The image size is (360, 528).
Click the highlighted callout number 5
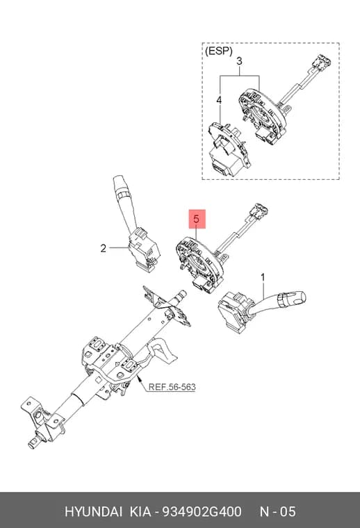197,220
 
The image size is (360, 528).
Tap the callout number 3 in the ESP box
239,62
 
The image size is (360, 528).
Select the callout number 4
219,100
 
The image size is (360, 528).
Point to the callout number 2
103,249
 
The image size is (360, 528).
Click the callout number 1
263,278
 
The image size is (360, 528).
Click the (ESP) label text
218,51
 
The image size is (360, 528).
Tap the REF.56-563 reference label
172,387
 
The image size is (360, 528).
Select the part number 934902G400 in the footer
202,512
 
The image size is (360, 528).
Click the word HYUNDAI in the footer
93,512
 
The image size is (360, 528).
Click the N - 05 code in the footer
278,512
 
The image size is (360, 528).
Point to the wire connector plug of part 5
259,210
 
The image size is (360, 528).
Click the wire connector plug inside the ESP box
320,60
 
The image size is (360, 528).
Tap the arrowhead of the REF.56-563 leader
139,378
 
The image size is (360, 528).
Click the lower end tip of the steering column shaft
31,446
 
